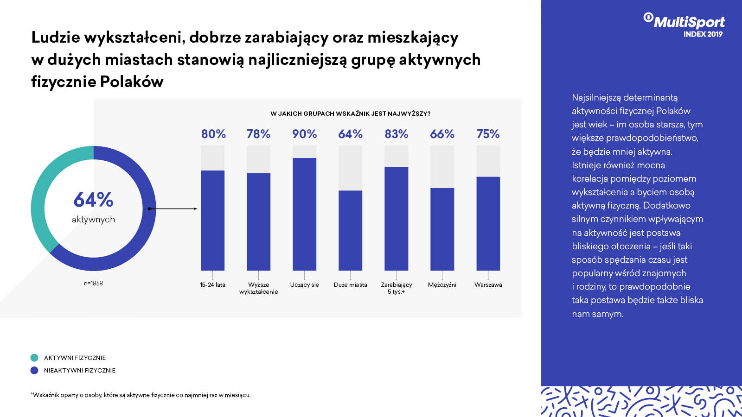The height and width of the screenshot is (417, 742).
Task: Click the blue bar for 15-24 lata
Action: (x=212, y=220)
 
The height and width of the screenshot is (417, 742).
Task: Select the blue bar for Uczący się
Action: (x=304, y=214)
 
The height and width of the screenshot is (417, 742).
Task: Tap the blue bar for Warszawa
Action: (x=488, y=223)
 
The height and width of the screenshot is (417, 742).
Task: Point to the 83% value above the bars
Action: (x=396, y=134)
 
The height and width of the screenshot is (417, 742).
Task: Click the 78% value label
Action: (x=258, y=134)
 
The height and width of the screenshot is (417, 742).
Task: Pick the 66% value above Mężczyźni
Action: (x=442, y=134)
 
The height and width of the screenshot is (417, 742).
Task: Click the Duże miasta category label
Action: (x=350, y=285)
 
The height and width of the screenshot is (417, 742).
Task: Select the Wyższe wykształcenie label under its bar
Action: (x=258, y=288)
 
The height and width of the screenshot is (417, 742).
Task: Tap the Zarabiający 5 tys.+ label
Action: (x=396, y=288)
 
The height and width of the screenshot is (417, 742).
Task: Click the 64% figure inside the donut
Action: (x=93, y=200)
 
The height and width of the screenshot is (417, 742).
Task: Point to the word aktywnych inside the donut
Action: (x=93, y=220)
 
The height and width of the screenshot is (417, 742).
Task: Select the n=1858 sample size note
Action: (x=93, y=283)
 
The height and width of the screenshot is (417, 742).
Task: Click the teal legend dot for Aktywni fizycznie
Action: (x=34, y=358)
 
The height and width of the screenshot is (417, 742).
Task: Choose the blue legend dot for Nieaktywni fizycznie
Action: (x=34, y=370)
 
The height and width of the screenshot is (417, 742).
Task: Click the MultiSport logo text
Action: (x=689, y=22)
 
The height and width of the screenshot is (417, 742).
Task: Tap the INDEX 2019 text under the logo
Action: (x=703, y=34)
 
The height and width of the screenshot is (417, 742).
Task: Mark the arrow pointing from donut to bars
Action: (x=173, y=209)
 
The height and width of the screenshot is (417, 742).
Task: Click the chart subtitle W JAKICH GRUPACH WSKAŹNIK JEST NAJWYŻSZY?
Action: (x=350, y=114)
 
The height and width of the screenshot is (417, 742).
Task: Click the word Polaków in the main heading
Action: (x=131, y=82)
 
